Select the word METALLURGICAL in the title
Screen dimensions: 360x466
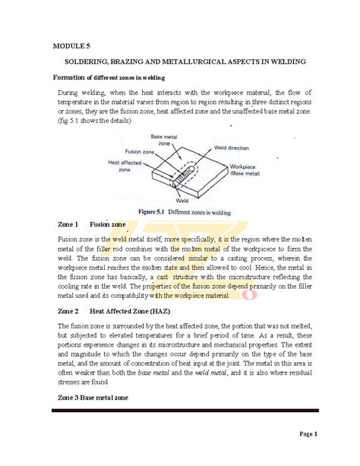click(x=202, y=61)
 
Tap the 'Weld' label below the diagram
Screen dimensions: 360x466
click(x=182, y=201)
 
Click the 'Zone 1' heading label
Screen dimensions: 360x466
click(x=68, y=225)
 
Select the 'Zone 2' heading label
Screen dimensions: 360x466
click(x=68, y=312)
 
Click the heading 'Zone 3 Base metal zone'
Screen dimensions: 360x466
click(x=93, y=398)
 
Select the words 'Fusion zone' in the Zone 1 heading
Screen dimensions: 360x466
click(x=108, y=225)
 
